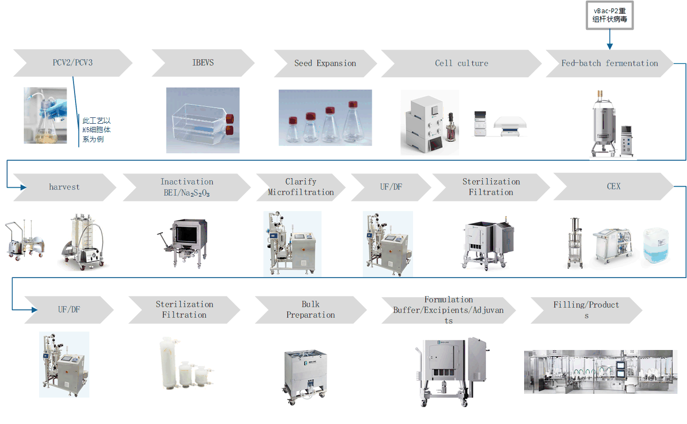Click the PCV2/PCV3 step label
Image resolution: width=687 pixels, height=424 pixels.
(x=72, y=63)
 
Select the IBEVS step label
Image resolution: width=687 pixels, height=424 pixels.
(x=203, y=63)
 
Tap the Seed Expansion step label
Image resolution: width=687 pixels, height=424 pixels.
(x=325, y=63)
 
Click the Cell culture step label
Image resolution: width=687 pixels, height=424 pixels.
(x=461, y=63)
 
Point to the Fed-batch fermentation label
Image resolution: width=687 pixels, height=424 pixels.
(x=609, y=63)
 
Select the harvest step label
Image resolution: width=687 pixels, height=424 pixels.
(x=65, y=187)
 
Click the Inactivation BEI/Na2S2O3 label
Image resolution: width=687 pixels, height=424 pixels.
(x=187, y=187)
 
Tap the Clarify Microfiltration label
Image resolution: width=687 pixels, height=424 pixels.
(x=301, y=187)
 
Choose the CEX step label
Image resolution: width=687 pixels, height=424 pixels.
(x=613, y=187)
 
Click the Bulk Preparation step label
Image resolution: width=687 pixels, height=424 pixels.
(x=310, y=310)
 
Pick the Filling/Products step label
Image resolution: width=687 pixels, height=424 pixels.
(x=586, y=310)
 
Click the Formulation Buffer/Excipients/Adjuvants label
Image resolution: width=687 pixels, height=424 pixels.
(x=448, y=310)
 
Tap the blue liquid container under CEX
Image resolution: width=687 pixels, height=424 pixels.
(x=658, y=247)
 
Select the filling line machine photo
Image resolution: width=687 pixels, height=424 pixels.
(x=600, y=372)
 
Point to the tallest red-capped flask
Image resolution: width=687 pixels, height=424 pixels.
(x=353, y=124)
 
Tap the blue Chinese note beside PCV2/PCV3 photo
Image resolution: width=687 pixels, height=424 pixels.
(x=96, y=130)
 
